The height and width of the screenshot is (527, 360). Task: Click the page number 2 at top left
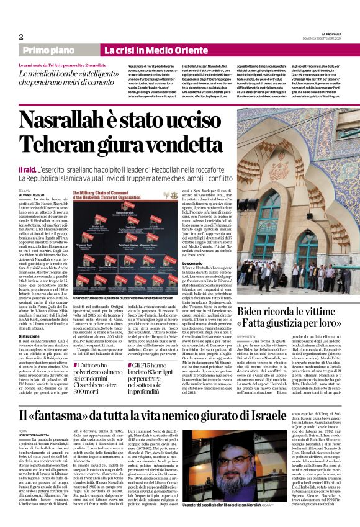pos(21,37)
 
